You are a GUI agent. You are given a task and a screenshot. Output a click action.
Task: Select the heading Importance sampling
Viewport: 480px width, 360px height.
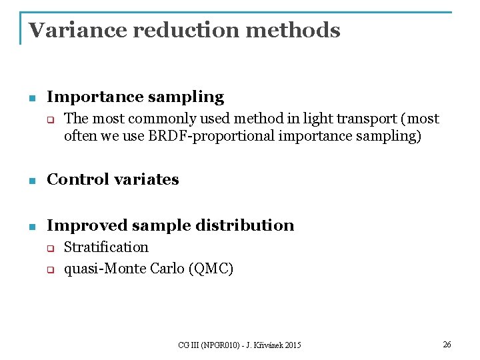pos(135,97)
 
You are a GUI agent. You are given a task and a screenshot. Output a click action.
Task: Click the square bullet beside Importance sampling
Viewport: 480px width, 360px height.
pos(31,98)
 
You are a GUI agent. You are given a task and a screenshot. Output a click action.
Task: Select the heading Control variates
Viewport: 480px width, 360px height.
pos(113,179)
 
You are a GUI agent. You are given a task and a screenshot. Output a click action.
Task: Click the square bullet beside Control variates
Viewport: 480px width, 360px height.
pos(31,180)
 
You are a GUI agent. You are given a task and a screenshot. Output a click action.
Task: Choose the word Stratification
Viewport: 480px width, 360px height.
pos(106,247)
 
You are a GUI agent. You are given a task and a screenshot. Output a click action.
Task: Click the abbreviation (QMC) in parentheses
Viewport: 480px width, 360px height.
pos(211,269)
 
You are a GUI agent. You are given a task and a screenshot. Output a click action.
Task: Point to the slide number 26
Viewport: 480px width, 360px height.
pos(447,344)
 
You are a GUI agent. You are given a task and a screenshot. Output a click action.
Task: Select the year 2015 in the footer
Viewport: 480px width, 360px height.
pos(291,345)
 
